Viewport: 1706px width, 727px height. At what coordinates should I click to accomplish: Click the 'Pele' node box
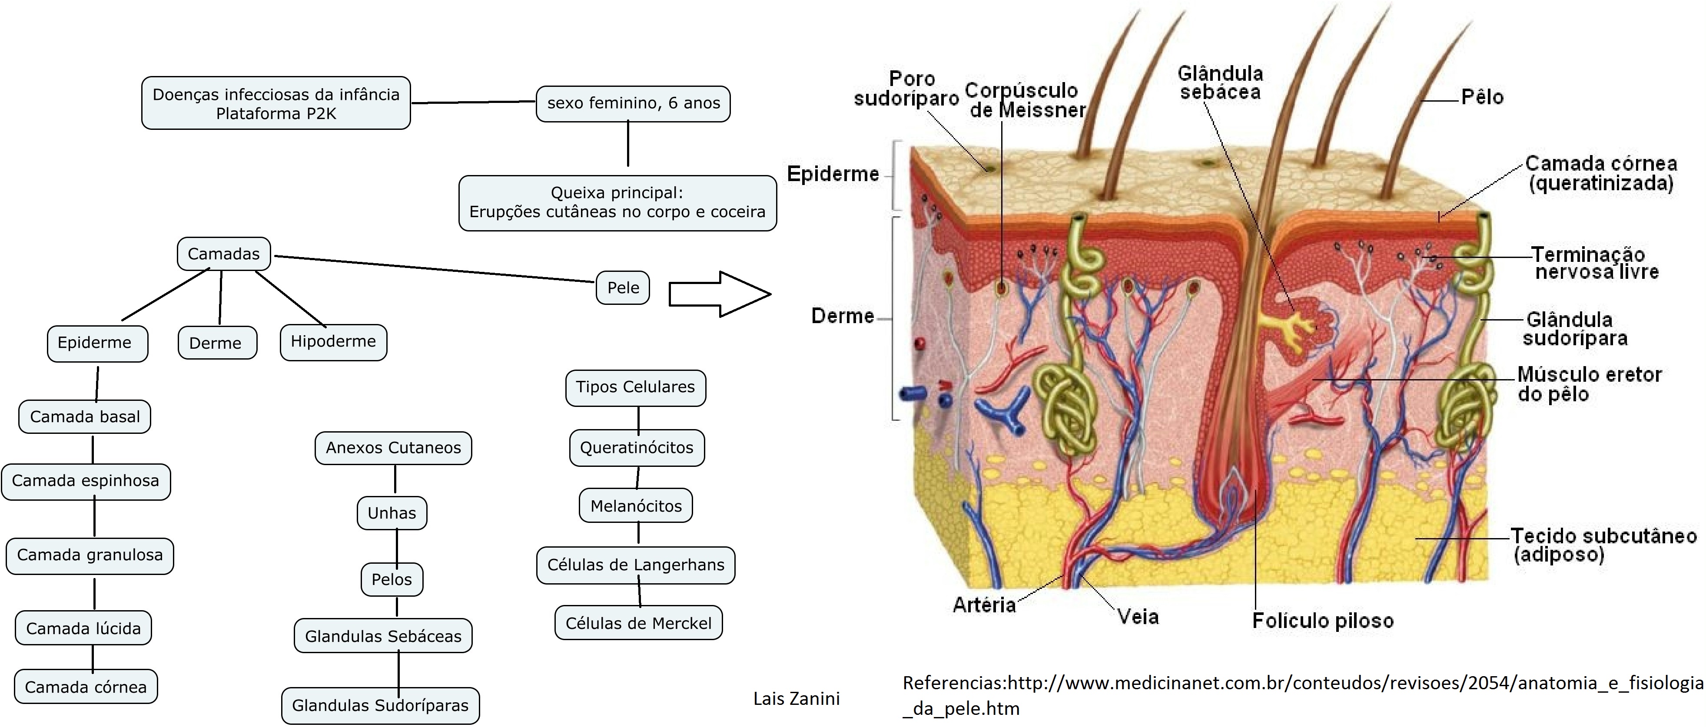(x=623, y=287)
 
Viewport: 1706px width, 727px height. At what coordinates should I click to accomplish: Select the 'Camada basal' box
(x=85, y=416)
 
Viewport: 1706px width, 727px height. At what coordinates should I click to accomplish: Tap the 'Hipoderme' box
(x=333, y=342)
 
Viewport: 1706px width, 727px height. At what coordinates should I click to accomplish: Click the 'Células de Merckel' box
(x=638, y=622)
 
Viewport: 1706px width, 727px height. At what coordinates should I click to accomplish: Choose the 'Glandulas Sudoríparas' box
(x=380, y=705)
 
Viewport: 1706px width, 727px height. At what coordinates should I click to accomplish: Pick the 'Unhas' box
(x=392, y=512)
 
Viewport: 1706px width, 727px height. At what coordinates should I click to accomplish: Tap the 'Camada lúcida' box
(x=83, y=628)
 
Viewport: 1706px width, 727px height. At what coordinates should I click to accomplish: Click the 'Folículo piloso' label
(x=1323, y=621)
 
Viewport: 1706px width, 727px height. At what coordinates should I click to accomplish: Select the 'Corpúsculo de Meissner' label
(x=1025, y=100)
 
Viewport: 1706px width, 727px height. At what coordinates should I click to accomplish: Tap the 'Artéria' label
(x=984, y=605)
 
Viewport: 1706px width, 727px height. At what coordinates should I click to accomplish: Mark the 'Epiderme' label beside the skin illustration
(x=833, y=174)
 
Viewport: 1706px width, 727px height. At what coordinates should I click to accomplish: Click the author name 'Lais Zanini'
(x=797, y=698)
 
